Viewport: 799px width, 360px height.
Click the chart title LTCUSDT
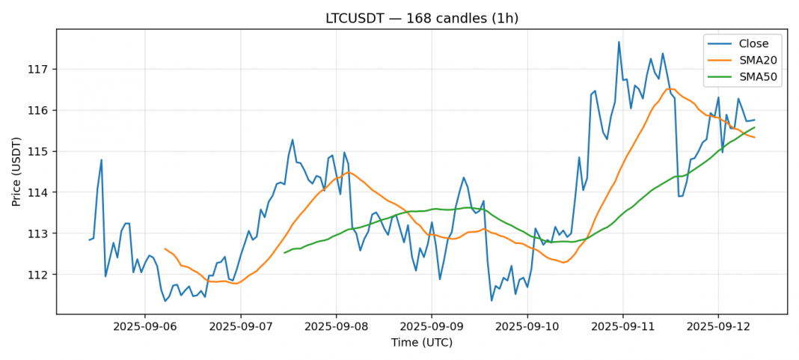tap(421, 18)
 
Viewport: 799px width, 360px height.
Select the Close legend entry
tap(748, 43)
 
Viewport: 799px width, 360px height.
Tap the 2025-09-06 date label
tap(144, 326)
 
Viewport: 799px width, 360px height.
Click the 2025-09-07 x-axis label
tap(240, 326)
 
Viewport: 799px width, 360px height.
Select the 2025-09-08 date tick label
tap(336, 326)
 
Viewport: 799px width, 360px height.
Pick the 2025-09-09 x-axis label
tap(432, 326)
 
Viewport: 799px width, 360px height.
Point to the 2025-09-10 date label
tap(527, 326)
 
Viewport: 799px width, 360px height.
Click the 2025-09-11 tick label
tap(622, 326)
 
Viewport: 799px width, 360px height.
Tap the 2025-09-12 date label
tap(718, 326)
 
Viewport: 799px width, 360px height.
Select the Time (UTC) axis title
tap(421, 343)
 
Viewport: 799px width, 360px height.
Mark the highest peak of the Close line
tap(619, 42)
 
